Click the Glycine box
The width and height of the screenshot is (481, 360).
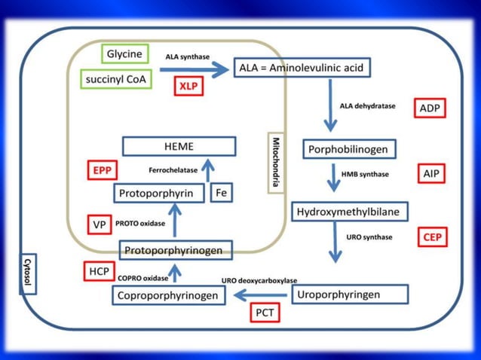(x=124, y=54)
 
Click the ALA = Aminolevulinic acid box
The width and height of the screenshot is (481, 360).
(x=301, y=68)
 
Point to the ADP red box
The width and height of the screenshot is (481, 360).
(x=429, y=108)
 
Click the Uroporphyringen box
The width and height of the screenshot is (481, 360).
(x=349, y=294)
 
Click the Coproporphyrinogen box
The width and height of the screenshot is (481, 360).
(x=170, y=296)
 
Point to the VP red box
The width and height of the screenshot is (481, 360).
(x=98, y=224)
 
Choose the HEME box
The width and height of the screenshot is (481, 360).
(x=179, y=146)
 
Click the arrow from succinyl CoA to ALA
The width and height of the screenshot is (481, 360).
(x=195, y=69)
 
